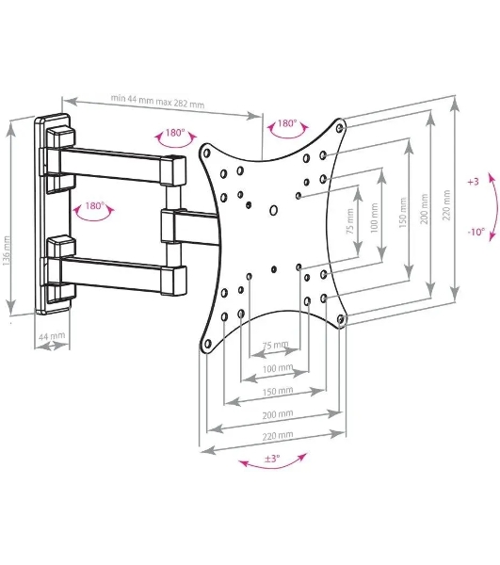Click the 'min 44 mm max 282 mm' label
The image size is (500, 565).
[x=157, y=102]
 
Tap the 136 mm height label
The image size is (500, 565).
[x=7, y=251]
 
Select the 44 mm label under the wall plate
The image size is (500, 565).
[x=52, y=336]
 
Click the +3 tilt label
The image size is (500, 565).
[x=473, y=182]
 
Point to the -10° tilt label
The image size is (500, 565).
[x=476, y=232]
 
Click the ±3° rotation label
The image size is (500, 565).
[x=272, y=459]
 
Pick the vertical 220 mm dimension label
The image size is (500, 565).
[x=446, y=205]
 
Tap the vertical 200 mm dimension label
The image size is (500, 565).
[x=425, y=209]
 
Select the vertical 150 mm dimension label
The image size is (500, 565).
[x=403, y=213]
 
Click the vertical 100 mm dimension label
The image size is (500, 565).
[x=374, y=218]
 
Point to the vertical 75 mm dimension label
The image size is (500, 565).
[x=349, y=221]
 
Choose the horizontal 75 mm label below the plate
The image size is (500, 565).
[x=276, y=345]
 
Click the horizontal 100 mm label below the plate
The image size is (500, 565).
[x=278, y=368]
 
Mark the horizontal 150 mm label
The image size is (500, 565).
[x=278, y=391]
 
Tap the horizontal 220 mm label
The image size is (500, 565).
[x=278, y=436]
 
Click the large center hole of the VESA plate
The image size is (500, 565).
[x=273, y=210]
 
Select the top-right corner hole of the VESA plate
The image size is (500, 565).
[x=339, y=127]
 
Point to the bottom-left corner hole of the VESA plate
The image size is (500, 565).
[x=207, y=344]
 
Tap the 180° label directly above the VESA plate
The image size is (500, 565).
[x=287, y=123]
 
